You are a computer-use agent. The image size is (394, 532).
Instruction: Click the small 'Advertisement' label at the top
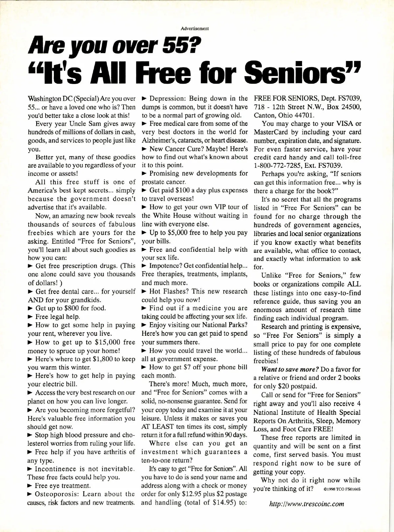(197, 29)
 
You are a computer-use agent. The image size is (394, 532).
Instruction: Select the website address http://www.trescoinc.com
(307, 504)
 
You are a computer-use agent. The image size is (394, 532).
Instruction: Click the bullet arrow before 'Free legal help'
(30, 317)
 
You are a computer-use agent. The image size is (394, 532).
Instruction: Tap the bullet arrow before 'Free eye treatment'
(30, 485)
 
